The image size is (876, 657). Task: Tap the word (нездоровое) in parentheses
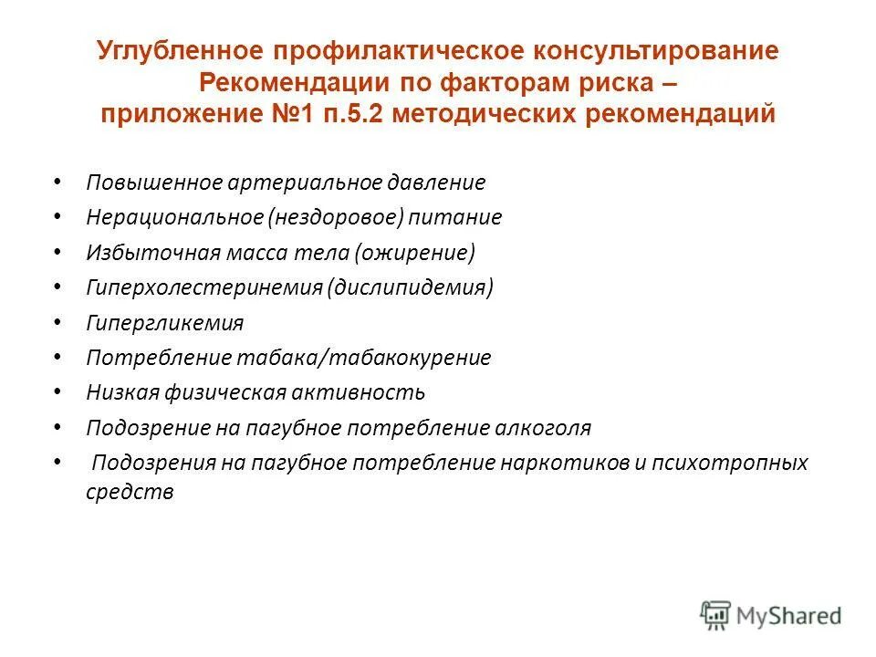tap(336, 217)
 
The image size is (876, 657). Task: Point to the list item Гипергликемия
tap(165, 323)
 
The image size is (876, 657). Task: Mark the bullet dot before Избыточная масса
tap(57, 252)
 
